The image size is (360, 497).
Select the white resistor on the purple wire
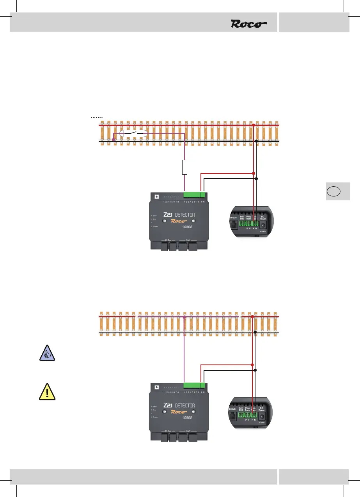[x=185, y=166]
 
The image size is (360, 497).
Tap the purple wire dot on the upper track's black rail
[x=113, y=140]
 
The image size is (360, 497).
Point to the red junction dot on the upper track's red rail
[x=254, y=125]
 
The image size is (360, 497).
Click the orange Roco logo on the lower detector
[x=179, y=412]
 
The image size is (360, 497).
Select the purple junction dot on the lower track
[x=184, y=317]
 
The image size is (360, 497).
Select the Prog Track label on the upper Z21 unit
[x=248, y=217]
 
